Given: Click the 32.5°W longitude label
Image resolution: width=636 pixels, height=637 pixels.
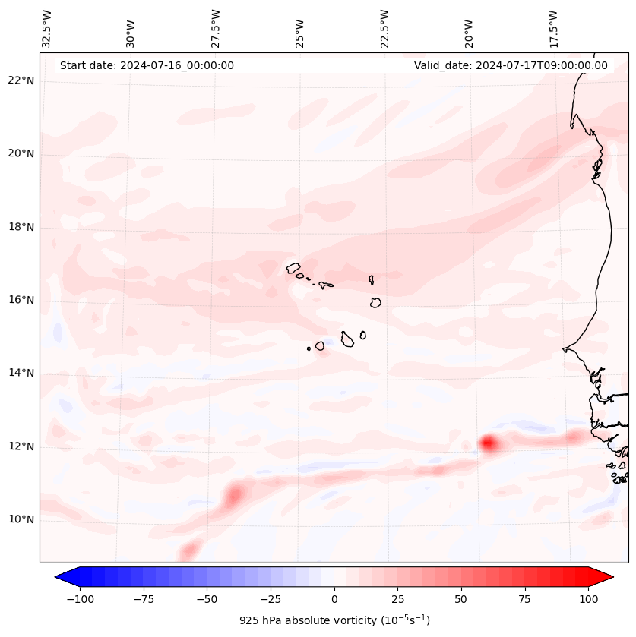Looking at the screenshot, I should click(x=47, y=28).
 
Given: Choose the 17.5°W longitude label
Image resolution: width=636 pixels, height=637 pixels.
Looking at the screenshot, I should click(x=553, y=28).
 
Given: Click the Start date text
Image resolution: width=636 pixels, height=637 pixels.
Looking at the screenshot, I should click(x=147, y=65).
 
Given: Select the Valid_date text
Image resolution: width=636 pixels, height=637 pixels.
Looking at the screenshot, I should click(x=511, y=65).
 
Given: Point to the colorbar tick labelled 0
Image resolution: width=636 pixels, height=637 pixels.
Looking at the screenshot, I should click(x=334, y=598).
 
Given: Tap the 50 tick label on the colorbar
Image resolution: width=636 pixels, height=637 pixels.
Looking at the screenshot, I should click(x=460, y=598).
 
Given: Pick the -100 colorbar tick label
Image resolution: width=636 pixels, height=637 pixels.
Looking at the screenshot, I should click(x=80, y=598).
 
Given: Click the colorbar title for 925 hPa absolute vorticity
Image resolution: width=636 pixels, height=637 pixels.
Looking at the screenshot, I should click(x=334, y=620).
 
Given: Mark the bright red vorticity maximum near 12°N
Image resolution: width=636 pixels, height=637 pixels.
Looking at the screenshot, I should click(x=487, y=442).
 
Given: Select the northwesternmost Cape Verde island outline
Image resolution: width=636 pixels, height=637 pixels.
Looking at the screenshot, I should click(x=293, y=267).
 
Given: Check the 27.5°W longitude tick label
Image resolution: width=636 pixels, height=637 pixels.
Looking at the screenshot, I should click(x=216, y=28).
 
